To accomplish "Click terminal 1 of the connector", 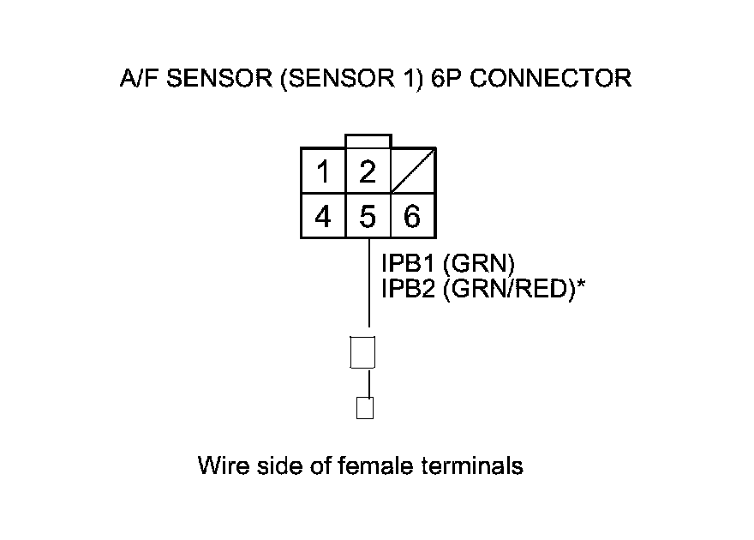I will [x=323, y=171].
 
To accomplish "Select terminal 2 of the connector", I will [x=368, y=171].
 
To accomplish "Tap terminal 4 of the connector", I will [x=323, y=216].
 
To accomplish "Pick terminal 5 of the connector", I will [x=368, y=216].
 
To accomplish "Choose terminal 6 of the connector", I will [x=412, y=216].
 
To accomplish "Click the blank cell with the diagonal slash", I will [x=413, y=171].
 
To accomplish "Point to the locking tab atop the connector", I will [x=368, y=141].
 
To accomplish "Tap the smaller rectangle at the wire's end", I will [x=364, y=407].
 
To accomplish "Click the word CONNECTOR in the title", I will [x=551, y=79].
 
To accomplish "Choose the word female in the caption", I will [x=378, y=466].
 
